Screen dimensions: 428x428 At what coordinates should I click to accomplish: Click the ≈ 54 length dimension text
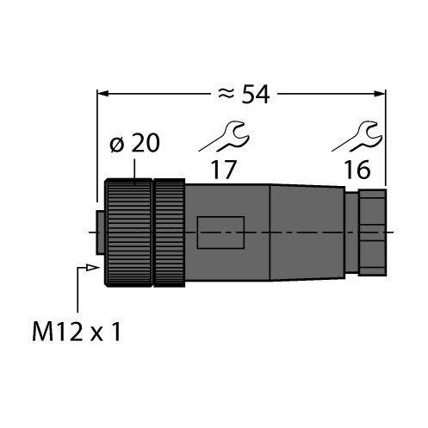pos(244,95)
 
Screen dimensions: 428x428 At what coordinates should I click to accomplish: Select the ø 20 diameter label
pos(134,143)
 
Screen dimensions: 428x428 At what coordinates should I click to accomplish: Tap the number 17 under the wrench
pos(223,170)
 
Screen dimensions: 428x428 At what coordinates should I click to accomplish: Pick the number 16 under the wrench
pos(357,170)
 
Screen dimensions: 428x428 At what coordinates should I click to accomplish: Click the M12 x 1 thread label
pos(77,332)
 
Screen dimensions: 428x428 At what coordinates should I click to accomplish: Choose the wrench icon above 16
pos(358,136)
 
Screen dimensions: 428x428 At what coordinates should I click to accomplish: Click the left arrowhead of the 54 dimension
pos(102,94)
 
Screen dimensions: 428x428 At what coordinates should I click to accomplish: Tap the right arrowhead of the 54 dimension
pos(380,94)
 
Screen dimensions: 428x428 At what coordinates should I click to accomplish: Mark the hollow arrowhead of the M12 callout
pos(93,268)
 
